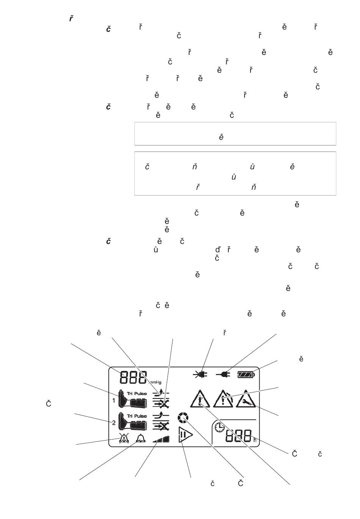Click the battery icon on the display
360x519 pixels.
click(246, 375)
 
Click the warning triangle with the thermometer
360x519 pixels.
click(200, 399)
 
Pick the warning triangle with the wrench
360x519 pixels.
click(246, 400)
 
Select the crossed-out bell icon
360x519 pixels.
click(124, 438)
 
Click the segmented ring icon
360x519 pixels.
click(182, 419)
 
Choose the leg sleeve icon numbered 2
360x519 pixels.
click(132, 422)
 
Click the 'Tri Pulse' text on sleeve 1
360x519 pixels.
click(137, 394)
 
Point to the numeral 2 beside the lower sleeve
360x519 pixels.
click(114, 422)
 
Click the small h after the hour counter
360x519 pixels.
click(255, 440)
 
